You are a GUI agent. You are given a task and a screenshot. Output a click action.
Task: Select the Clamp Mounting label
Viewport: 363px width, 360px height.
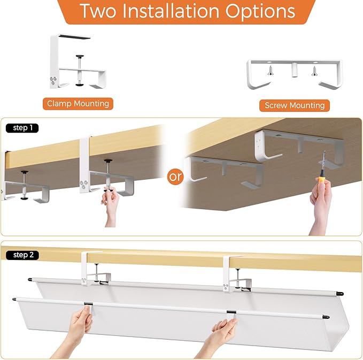click(x=78, y=103)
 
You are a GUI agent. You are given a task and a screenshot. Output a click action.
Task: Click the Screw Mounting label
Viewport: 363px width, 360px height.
click(x=295, y=105)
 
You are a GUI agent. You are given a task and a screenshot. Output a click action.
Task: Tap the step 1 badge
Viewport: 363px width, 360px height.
click(x=22, y=128)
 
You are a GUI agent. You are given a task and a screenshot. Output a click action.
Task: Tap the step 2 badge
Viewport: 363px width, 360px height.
click(x=22, y=255)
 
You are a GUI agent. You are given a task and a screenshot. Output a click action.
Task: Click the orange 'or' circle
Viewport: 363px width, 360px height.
click(x=175, y=177)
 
